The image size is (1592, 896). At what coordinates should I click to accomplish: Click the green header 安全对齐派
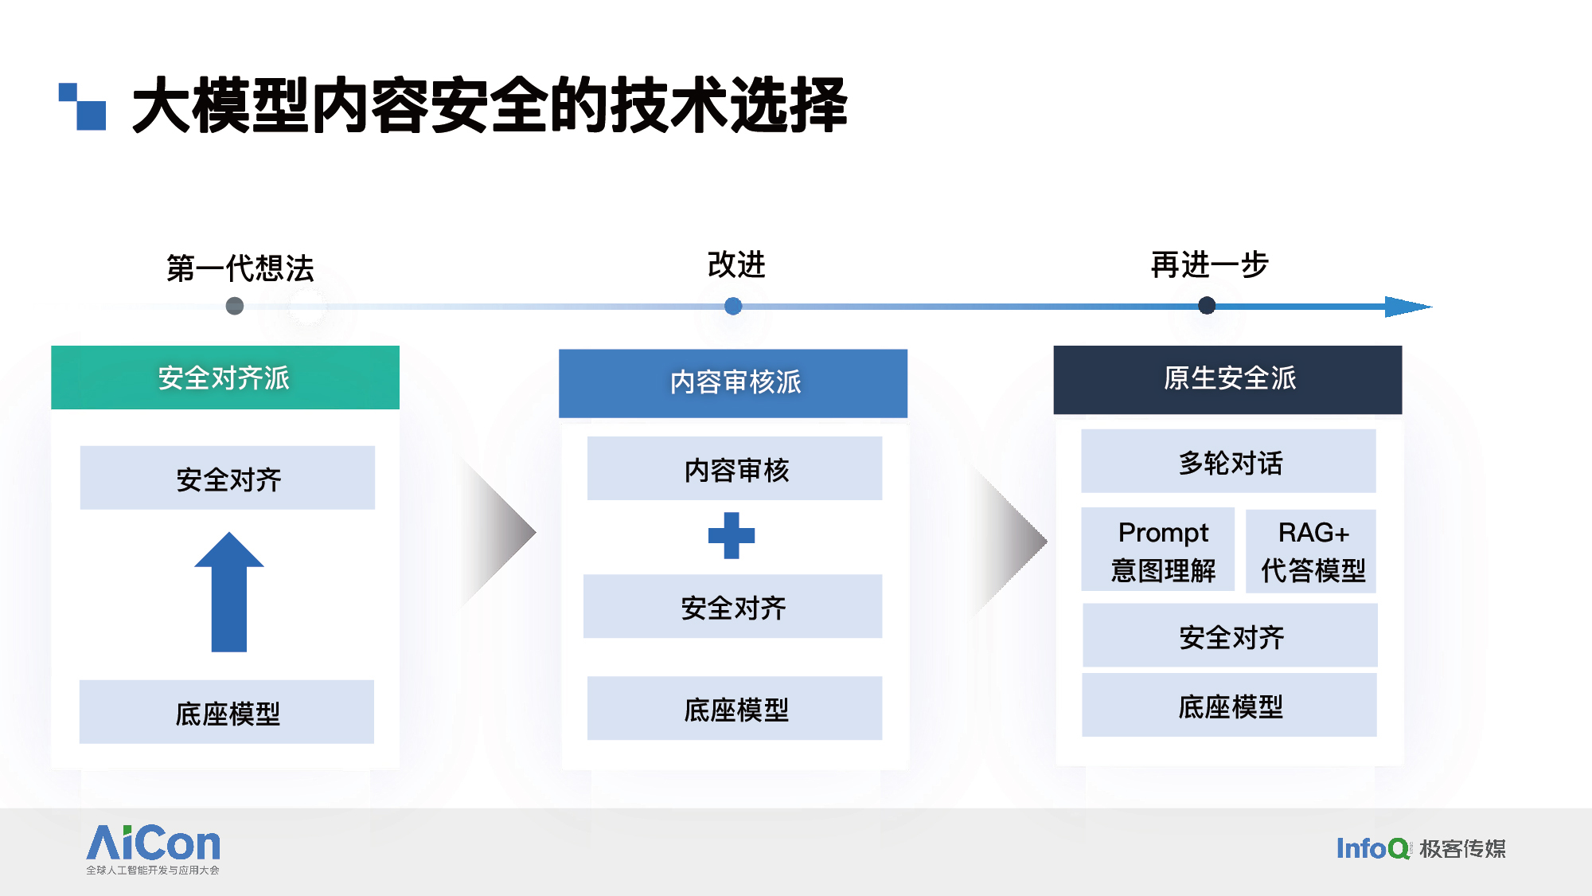pos(225,378)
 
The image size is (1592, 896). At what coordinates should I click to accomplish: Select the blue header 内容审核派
pos(733,383)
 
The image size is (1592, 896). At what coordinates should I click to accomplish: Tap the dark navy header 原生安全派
pos(1227,379)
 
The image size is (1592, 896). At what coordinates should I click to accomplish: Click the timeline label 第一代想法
pos(240,268)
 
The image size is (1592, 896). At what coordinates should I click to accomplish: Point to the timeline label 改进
pos(736,264)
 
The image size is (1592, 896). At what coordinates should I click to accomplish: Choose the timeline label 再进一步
pos(1209,264)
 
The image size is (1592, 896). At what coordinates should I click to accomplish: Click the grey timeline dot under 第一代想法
pos(235,306)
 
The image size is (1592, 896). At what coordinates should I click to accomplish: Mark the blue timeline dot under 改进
pos(733,306)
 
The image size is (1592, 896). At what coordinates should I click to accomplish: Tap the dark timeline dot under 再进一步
pos(1207,305)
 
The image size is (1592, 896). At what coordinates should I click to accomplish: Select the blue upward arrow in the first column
pos(229,592)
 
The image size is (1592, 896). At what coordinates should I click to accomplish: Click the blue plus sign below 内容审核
pos(732,535)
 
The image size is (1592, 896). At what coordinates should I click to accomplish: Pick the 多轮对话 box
pos(1228,461)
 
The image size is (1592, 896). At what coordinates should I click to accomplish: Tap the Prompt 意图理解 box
pos(1158,550)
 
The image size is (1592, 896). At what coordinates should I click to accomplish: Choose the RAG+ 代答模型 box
pos(1311,551)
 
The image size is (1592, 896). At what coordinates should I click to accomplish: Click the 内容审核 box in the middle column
pos(735,468)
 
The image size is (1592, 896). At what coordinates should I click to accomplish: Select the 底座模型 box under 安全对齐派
pos(227,712)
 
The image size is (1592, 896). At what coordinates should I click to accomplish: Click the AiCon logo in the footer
pos(153,849)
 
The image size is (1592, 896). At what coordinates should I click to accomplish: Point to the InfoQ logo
pos(1373,848)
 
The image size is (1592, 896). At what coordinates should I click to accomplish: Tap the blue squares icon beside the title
pos(82,106)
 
